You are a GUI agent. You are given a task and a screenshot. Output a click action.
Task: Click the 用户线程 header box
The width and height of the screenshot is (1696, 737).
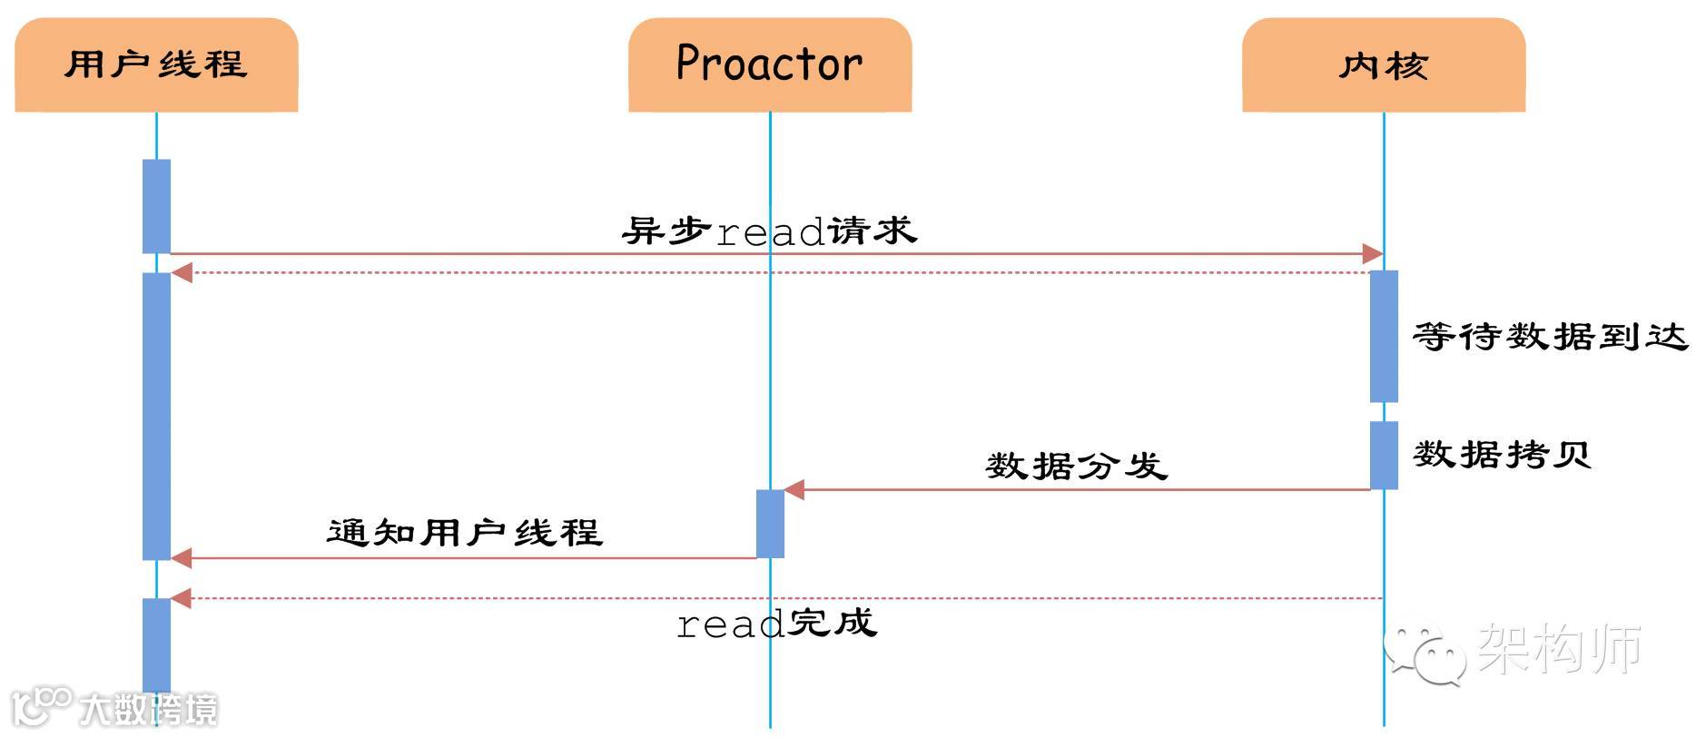click(x=156, y=65)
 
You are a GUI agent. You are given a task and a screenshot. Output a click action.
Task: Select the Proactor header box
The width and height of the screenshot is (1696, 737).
click(x=770, y=65)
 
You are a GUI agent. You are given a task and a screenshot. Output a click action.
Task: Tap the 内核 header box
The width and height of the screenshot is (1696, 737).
click(x=1384, y=65)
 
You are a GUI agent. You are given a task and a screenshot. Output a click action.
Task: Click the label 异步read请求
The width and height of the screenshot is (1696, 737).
click(x=770, y=231)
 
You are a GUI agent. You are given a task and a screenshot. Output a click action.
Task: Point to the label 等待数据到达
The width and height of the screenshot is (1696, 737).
click(x=1550, y=337)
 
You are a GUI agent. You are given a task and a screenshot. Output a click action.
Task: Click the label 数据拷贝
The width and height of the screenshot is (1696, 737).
click(x=1502, y=453)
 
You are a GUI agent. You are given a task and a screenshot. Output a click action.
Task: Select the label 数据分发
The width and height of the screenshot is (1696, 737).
click(x=1077, y=466)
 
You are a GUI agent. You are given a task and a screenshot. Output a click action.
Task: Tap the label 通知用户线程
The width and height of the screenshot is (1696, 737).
click(x=464, y=532)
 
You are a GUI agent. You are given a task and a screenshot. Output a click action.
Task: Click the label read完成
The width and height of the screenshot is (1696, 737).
click(x=777, y=624)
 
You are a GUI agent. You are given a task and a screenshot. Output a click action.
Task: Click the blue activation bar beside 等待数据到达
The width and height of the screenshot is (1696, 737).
click(x=1384, y=336)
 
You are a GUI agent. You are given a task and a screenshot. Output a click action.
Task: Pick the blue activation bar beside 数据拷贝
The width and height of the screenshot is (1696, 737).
click(x=1384, y=455)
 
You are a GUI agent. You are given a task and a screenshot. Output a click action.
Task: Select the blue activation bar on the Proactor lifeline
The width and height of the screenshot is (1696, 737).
click(x=770, y=524)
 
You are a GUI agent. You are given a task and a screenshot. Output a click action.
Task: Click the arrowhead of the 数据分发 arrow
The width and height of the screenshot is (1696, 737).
click(x=794, y=490)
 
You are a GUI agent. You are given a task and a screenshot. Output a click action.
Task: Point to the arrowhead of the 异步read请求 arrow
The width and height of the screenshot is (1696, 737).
click(x=1373, y=254)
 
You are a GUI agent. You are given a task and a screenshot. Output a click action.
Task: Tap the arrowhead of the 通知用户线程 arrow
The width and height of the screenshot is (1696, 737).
click(x=182, y=558)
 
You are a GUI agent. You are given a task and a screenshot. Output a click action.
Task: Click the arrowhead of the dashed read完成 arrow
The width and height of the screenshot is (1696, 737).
click(x=182, y=598)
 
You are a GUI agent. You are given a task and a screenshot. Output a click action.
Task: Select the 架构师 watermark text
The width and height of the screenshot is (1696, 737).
click(x=1560, y=648)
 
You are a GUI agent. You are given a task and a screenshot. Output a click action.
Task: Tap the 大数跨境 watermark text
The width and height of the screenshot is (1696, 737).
click(x=148, y=709)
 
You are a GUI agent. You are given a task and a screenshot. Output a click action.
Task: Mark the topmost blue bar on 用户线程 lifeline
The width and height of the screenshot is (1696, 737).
click(x=156, y=206)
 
